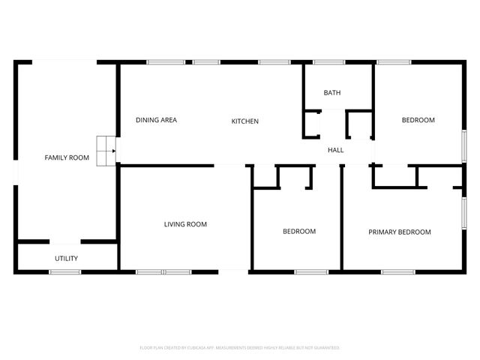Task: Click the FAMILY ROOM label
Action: (x=67, y=157)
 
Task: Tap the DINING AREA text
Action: (x=156, y=120)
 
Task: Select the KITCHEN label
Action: (x=244, y=121)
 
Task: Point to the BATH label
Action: (x=332, y=93)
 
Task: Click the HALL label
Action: (x=336, y=150)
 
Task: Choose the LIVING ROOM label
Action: (x=185, y=224)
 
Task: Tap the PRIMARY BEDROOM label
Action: (x=400, y=232)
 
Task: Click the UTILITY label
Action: (x=66, y=259)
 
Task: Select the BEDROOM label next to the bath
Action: (x=418, y=120)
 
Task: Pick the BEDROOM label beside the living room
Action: (x=299, y=232)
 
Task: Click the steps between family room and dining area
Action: (x=106, y=150)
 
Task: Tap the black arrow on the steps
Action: (x=113, y=151)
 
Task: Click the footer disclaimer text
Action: (x=240, y=348)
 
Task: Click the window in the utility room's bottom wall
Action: (x=65, y=271)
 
